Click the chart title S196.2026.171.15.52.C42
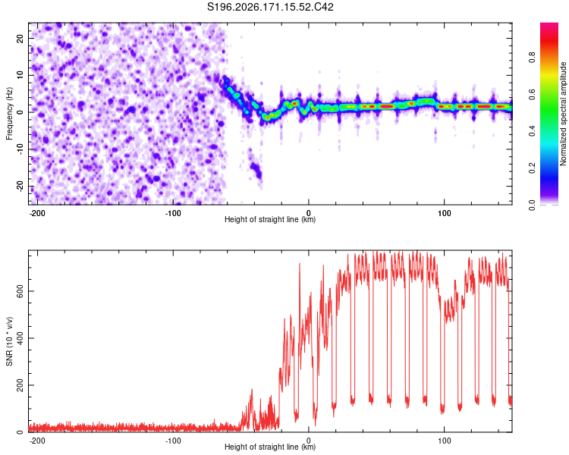[x=270, y=7]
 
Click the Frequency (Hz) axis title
[x=9, y=114]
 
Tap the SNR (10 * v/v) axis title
[x=9, y=341]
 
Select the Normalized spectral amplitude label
[x=563, y=114]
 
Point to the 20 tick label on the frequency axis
[x=20, y=39]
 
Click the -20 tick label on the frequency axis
[x=20, y=186]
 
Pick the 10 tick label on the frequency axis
[x=20, y=75]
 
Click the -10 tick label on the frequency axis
[x=20, y=149]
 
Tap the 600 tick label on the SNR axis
[x=20, y=291]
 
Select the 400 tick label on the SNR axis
[x=20, y=338]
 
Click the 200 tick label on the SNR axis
[x=20, y=385]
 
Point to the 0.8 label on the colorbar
[x=532, y=57]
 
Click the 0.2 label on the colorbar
[x=532, y=168]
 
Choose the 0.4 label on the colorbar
[x=532, y=130]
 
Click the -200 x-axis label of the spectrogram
[x=36, y=213]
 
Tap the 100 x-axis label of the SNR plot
[x=444, y=441]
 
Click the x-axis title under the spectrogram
[x=270, y=219]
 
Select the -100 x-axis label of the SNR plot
[x=173, y=441]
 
